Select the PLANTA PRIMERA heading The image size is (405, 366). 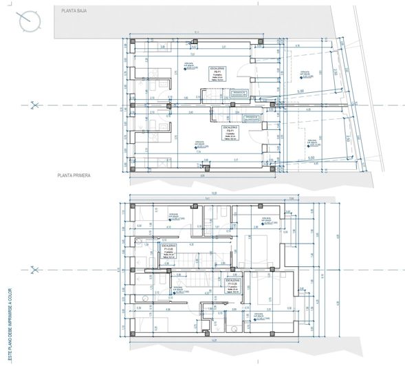point(74,176)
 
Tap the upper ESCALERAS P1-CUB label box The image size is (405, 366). point(169,250)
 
